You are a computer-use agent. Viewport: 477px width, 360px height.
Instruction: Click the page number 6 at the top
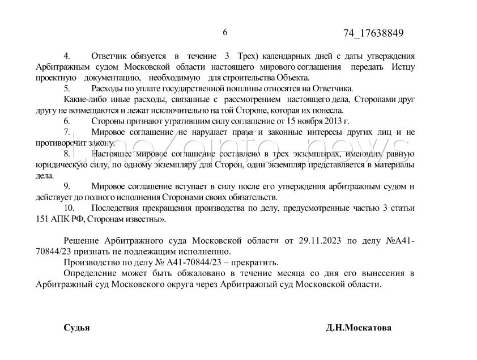click(x=225, y=32)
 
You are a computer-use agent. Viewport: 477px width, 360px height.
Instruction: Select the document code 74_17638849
click(x=373, y=33)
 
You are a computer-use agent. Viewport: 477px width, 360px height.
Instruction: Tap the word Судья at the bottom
click(x=76, y=328)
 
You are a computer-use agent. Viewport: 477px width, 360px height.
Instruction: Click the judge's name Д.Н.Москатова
click(x=359, y=328)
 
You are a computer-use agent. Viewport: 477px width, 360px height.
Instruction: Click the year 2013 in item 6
click(x=333, y=121)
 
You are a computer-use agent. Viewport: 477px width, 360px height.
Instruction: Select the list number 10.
click(x=69, y=208)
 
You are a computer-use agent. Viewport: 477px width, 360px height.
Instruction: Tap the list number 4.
click(x=66, y=56)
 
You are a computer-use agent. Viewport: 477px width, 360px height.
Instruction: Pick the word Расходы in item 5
click(x=108, y=88)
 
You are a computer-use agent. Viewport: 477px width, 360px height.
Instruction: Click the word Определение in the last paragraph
click(x=91, y=274)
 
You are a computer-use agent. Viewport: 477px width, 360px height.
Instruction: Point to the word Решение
click(x=82, y=241)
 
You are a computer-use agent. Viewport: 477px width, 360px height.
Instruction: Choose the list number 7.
click(x=66, y=132)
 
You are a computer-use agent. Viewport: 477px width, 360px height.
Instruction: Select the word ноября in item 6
click(x=306, y=121)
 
